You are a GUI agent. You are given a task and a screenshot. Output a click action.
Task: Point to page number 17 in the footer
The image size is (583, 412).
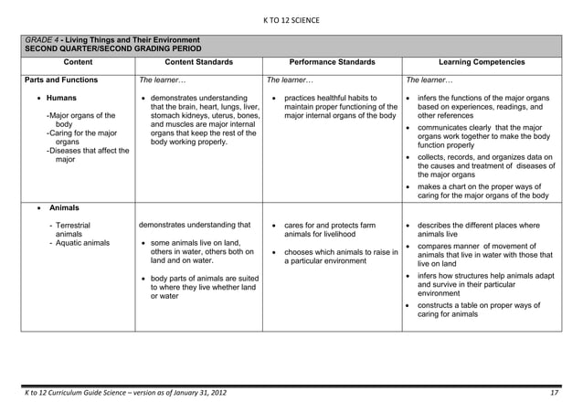[x=554, y=393]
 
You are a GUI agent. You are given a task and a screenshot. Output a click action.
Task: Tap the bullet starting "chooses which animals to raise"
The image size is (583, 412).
[x=341, y=256]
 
